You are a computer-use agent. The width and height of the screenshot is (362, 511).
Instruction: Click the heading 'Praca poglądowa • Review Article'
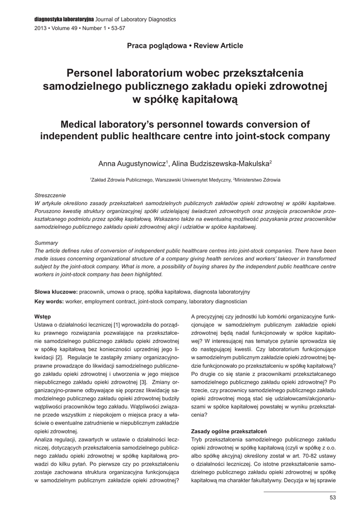click(x=185, y=46)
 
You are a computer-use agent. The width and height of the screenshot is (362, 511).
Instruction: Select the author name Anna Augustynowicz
click(x=132, y=163)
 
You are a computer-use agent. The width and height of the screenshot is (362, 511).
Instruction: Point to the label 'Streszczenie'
click(x=50, y=195)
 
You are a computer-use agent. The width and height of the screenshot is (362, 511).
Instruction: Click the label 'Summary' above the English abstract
click(x=46, y=243)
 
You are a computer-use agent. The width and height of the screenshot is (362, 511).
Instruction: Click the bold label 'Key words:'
click(x=49, y=302)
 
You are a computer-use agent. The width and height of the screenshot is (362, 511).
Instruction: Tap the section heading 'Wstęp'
click(x=42, y=316)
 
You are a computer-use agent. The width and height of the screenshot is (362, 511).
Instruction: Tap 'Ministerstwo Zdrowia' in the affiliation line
click(x=258, y=180)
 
